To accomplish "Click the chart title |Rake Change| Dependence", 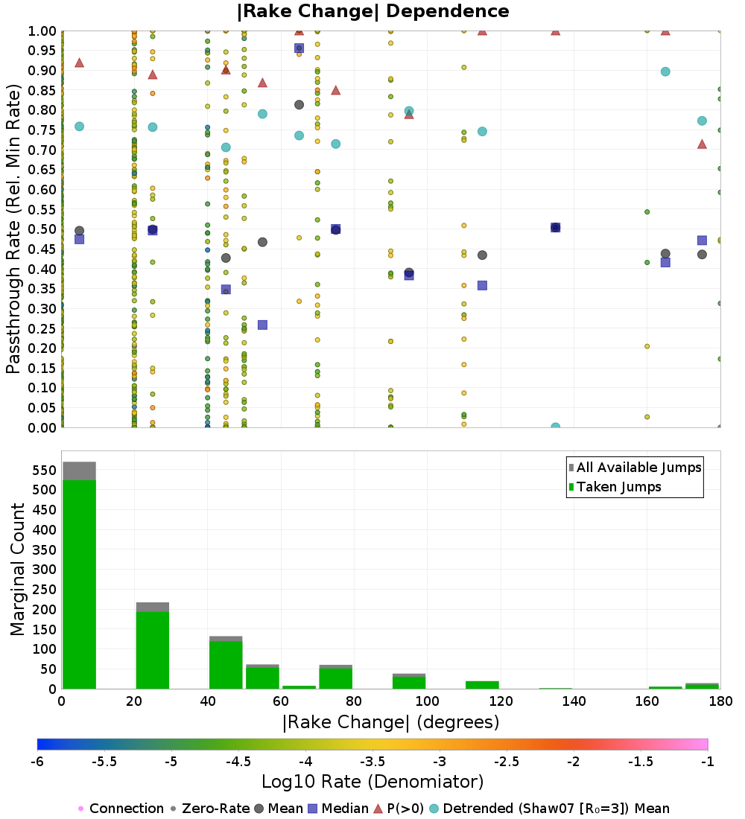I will (x=372, y=11).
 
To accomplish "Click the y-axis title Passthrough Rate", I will (x=14, y=229).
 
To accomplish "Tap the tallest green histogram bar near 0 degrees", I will (x=79, y=584).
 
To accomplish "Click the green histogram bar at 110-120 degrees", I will (x=481, y=685).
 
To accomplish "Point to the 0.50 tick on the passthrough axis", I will (x=42, y=229).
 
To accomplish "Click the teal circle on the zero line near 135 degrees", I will (x=555, y=427).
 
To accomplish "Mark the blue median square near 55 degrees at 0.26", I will (x=262, y=325).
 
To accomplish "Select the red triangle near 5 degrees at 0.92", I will (x=79, y=63).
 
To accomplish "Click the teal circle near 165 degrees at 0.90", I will (x=665, y=71).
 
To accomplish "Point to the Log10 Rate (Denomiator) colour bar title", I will (x=372, y=782).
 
